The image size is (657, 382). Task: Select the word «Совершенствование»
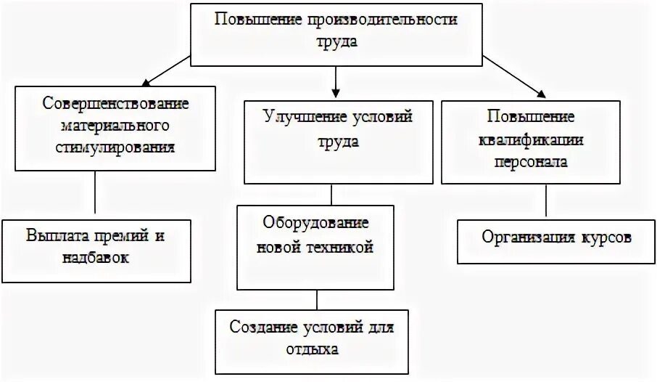pos(115,102)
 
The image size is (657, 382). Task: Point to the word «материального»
pos(115,125)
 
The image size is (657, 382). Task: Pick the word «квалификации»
pos(531,140)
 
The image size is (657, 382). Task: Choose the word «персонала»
pos(531,162)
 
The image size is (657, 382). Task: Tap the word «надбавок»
pos(96,258)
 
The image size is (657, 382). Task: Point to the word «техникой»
pos(344,247)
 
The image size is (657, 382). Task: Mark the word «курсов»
pos(608,237)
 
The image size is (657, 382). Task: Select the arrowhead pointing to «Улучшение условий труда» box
pos(334,92)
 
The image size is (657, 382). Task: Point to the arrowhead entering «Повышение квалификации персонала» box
pos(539,92)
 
